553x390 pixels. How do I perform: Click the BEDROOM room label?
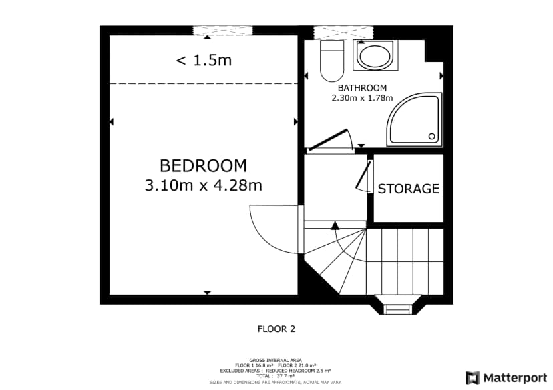click(x=203, y=166)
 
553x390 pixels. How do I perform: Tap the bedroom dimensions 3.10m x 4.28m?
click(x=204, y=185)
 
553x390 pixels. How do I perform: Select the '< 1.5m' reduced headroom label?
click(x=204, y=60)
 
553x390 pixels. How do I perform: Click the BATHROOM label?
click(x=362, y=87)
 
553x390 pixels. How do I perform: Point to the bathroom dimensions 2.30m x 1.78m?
click(x=362, y=98)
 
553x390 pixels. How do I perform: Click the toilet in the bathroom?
click(x=332, y=61)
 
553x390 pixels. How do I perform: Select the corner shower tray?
click(x=415, y=119)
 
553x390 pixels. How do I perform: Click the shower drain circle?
click(x=432, y=136)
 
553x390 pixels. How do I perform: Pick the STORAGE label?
click(x=408, y=189)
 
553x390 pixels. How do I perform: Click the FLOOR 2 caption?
click(x=276, y=329)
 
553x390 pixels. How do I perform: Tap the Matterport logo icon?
click(x=472, y=378)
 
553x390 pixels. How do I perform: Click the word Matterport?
click(x=515, y=379)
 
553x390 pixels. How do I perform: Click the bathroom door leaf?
click(x=327, y=139)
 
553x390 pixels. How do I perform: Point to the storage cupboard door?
click(x=363, y=175)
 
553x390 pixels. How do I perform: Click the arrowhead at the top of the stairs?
click(x=335, y=225)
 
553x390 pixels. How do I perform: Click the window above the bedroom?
click(x=223, y=30)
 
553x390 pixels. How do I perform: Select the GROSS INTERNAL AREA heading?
click(x=275, y=360)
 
